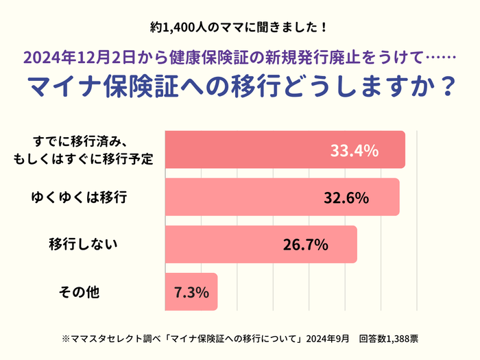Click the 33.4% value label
pos(354,150)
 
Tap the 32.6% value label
pos(346,197)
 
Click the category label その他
pos(80,292)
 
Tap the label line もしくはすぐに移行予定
pos(83,159)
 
